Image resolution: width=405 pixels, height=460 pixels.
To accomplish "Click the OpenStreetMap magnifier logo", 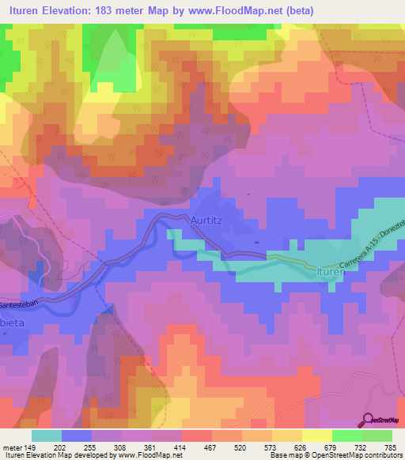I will point(369,420).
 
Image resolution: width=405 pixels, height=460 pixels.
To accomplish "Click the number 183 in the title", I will point(102,11).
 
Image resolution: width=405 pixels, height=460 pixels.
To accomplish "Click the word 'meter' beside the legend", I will point(11,447).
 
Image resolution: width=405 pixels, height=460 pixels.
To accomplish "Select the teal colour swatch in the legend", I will point(47,435).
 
